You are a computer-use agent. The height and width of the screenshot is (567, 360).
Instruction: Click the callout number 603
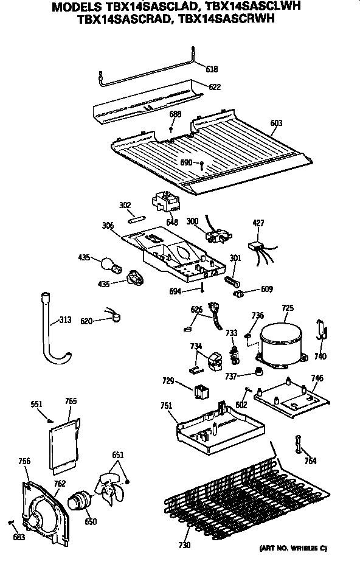point(276,123)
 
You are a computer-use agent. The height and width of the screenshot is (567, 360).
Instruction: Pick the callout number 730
point(184,544)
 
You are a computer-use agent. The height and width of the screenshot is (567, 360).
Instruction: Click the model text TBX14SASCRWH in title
point(237,19)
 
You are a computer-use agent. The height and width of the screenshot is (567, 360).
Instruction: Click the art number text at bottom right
point(294,548)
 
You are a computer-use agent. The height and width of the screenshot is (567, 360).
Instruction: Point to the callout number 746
point(317,378)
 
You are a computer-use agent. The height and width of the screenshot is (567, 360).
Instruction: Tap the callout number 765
point(71,401)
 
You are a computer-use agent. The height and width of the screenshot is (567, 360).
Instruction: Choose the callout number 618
point(211,69)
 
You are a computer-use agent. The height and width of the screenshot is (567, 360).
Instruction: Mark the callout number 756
point(24,461)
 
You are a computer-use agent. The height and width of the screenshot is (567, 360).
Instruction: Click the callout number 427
point(258,224)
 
